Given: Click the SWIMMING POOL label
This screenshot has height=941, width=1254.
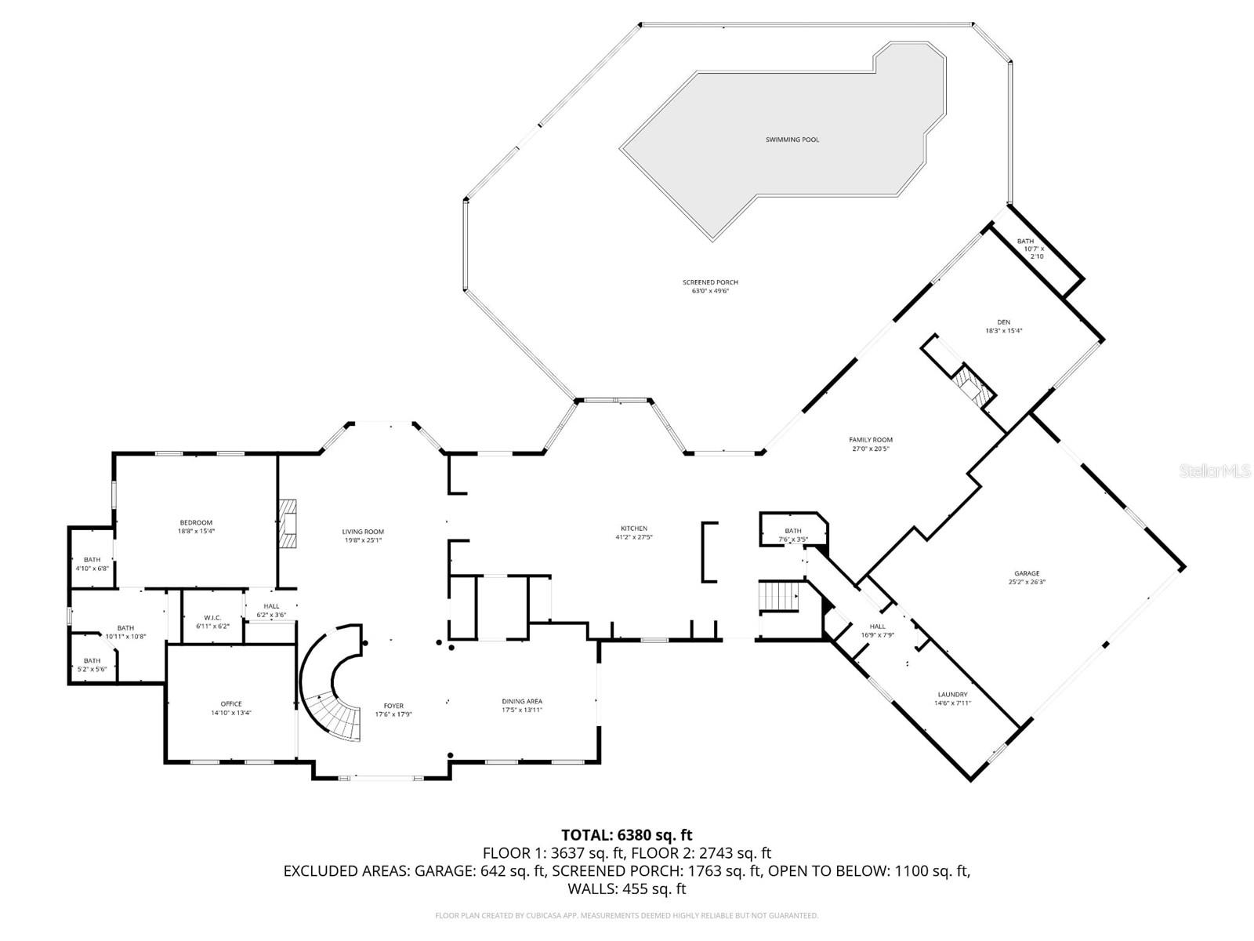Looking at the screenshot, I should (x=792, y=140).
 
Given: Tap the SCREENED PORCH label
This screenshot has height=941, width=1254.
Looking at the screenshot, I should (x=710, y=282).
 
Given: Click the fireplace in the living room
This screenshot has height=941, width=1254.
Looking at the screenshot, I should (x=288, y=522).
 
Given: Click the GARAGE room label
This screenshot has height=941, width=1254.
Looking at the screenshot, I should (x=1027, y=573).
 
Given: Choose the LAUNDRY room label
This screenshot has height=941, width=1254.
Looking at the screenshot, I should (x=952, y=694).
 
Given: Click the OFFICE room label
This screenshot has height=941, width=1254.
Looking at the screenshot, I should (x=231, y=703).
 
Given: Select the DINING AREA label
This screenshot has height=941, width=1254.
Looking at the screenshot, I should (x=522, y=701).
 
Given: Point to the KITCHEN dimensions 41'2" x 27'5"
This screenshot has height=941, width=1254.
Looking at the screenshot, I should (x=634, y=538).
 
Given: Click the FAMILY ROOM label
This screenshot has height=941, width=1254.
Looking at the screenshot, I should (x=871, y=440).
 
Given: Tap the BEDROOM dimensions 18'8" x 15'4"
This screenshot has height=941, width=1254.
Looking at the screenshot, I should (x=196, y=531).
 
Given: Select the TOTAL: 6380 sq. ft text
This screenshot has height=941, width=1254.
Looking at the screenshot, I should (x=626, y=835).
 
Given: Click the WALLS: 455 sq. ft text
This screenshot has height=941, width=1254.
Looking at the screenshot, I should (x=626, y=888).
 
